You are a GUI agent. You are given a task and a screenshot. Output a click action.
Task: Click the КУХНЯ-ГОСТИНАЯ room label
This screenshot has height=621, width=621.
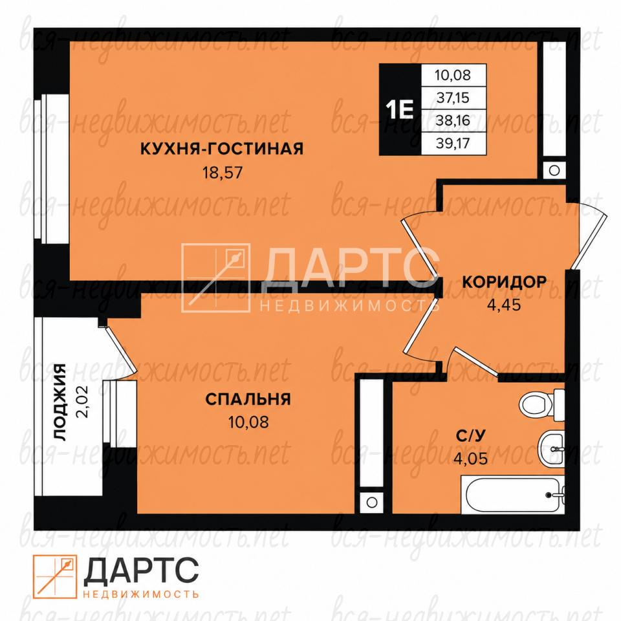[x=222, y=149]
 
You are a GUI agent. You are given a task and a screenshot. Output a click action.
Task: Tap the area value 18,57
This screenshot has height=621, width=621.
[x=223, y=173]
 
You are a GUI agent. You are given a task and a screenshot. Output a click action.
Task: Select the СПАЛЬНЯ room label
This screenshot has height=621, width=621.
[x=248, y=399]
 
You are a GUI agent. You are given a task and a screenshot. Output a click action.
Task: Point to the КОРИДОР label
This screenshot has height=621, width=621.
[x=504, y=282]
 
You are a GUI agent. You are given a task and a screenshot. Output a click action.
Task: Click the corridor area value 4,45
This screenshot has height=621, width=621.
[x=504, y=305]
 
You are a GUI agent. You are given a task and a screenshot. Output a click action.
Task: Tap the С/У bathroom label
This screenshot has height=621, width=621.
[x=470, y=435]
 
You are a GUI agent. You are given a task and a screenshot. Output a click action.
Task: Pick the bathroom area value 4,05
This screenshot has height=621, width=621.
[x=470, y=459]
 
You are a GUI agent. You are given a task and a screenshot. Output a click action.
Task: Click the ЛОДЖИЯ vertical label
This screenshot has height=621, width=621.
[x=60, y=402]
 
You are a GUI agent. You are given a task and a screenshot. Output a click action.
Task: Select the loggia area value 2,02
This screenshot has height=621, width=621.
[x=83, y=402]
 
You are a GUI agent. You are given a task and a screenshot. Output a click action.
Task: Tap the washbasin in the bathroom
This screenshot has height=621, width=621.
[x=551, y=449]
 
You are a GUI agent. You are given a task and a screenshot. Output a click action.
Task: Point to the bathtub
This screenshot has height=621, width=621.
[x=513, y=495]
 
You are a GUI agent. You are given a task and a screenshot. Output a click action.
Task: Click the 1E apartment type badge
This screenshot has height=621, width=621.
[x=400, y=109]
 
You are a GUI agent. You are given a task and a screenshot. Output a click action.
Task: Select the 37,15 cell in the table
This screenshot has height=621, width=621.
[x=453, y=98]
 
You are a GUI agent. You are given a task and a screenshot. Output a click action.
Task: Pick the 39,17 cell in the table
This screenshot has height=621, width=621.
[x=453, y=144]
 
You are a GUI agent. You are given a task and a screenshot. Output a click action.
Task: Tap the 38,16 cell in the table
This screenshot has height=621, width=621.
[x=453, y=120]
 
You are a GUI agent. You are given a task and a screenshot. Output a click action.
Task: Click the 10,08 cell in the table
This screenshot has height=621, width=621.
[x=453, y=75]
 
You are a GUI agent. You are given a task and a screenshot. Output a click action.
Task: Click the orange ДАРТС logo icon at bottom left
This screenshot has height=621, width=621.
[x=54, y=576]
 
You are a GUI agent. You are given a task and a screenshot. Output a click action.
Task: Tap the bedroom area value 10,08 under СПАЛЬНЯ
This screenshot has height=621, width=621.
[x=248, y=422]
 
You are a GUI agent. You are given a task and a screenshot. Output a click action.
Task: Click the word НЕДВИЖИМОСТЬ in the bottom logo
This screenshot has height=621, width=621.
[x=141, y=594]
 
